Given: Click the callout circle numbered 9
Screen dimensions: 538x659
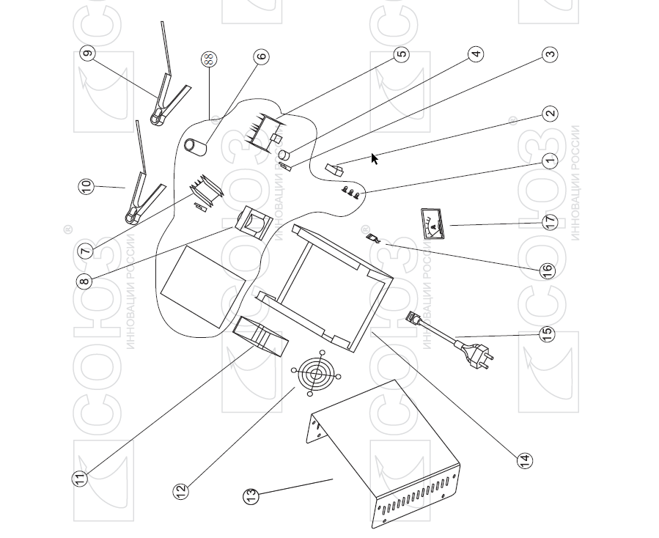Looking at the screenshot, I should tap(88, 54).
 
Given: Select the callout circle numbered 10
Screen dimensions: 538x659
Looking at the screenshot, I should tap(86, 186).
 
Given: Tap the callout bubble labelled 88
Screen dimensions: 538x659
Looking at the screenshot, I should tap(209, 59).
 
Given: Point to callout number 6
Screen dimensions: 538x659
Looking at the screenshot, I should tap(261, 56).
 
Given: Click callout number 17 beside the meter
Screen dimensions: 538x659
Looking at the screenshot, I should tap(550, 221).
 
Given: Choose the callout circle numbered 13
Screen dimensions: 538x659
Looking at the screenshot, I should tap(251, 496).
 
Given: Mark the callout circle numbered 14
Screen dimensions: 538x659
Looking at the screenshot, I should tap(524, 460).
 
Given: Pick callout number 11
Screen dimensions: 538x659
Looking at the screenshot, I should tap(79, 478).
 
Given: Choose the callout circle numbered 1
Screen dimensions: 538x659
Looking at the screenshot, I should tap(550, 160).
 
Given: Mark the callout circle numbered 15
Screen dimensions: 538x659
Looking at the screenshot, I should tap(547, 334).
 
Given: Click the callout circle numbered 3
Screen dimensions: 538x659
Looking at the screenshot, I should tap(550, 54).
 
